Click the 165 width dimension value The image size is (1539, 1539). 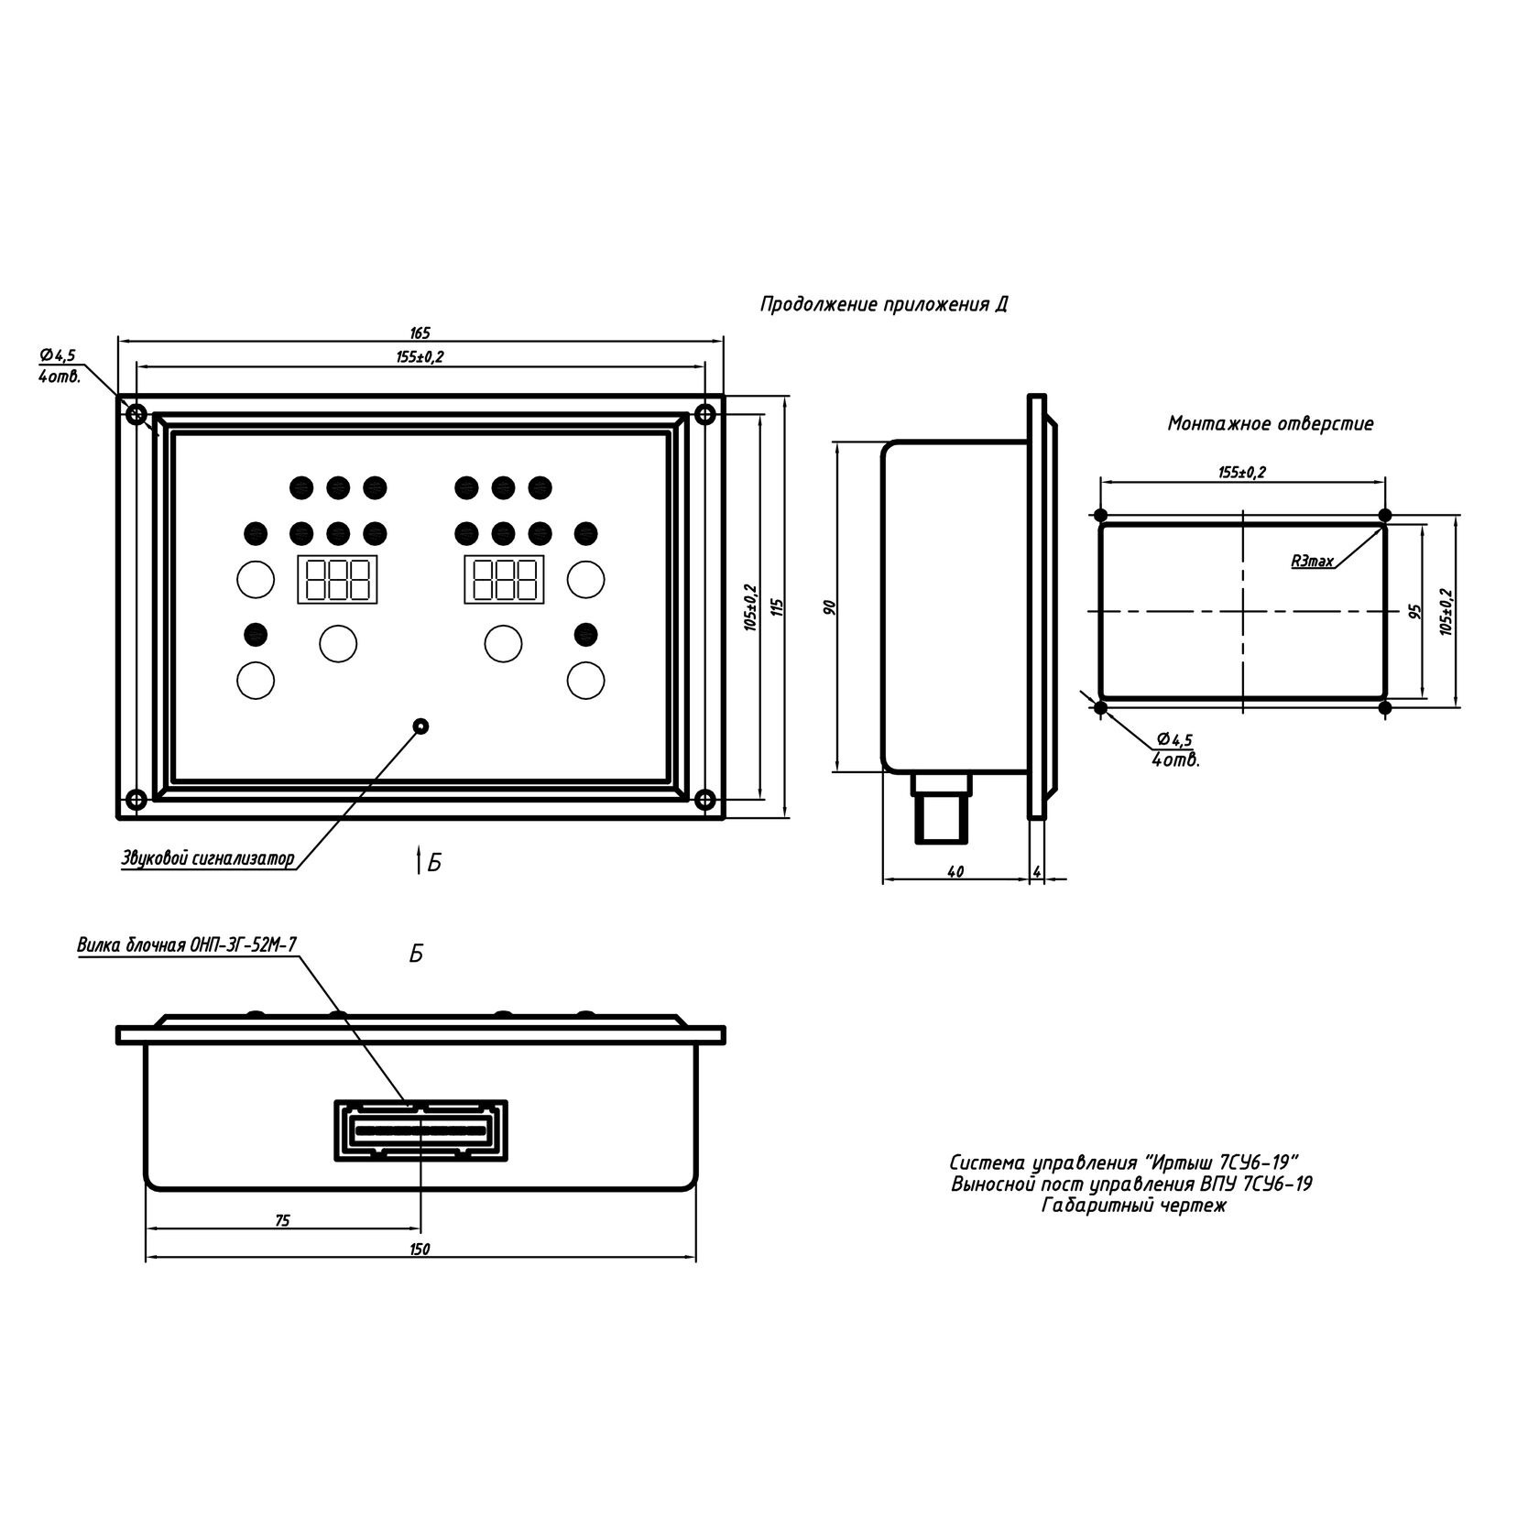(420, 333)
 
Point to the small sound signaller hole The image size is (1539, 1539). (420, 726)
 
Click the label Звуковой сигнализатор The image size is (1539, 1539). (208, 858)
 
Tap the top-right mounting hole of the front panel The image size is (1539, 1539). (704, 414)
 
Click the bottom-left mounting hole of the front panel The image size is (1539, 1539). (136, 800)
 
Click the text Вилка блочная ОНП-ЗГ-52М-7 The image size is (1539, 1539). (187, 945)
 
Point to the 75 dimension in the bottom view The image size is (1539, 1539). (282, 1220)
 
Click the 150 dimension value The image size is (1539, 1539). (420, 1250)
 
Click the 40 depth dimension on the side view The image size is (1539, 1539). (955, 873)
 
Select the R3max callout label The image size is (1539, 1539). (1312, 562)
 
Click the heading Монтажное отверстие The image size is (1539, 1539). (1270, 424)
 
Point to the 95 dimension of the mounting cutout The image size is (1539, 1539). (1413, 611)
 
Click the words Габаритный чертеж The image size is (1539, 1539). (1132, 1206)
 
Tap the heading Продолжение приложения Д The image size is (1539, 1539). (883, 305)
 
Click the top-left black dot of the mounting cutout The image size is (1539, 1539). (1100, 515)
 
